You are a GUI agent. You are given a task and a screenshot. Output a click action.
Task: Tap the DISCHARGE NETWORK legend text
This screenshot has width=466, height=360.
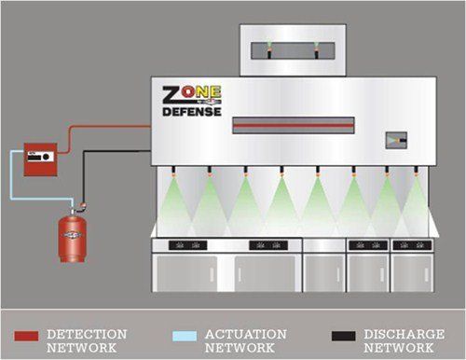pyautogui.click(x=395, y=339)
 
